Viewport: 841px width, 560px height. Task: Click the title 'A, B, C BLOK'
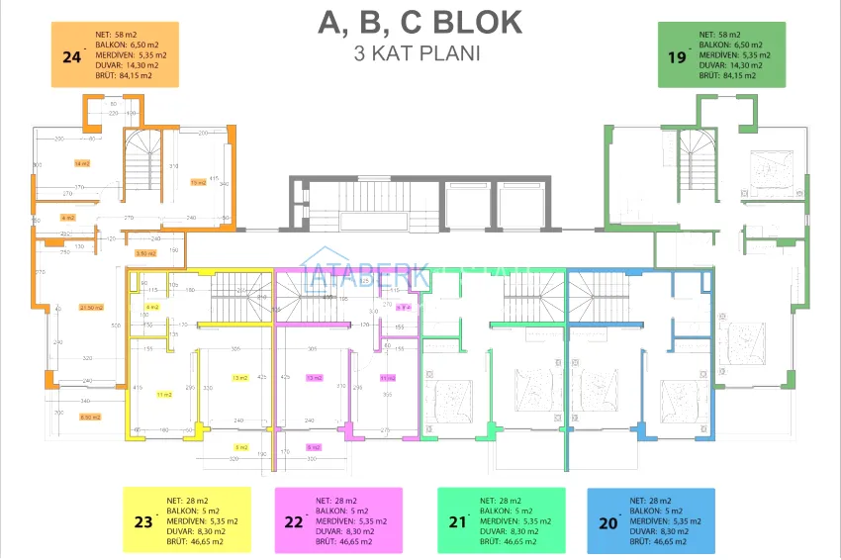pyautogui.click(x=420, y=23)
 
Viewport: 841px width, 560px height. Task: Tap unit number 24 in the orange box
pyautogui.click(x=71, y=57)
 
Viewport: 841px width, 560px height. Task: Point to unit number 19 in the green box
pyautogui.click(x=677, y=57)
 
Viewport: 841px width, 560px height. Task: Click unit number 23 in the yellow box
pyautogui.click(x=143, y=520)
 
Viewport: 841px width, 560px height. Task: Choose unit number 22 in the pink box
pyautogui.click(x=293, y=520)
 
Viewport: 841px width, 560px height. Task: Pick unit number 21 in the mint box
pyautogui.click(x=456, y=520)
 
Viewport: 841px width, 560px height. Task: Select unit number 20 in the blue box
pyautogui.click(x=607, y=520)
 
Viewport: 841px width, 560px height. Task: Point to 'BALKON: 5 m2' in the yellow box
pyautogui.click(x=193, y=511)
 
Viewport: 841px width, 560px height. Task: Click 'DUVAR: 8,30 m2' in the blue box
pyautogui.click(x=657, y=531)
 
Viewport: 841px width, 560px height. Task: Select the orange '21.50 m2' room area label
pyautogui.click(x=92, y=308)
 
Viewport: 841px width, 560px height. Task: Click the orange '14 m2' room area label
pyautogui.click(x=82, y=163)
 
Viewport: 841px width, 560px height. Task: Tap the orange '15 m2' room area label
pyautogui.click(x=198, y=182)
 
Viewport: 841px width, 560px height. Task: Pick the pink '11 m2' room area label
pyautogui.click(x=387, y=377)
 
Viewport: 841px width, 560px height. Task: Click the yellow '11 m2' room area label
pyautogui.click(x=165, y=394)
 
